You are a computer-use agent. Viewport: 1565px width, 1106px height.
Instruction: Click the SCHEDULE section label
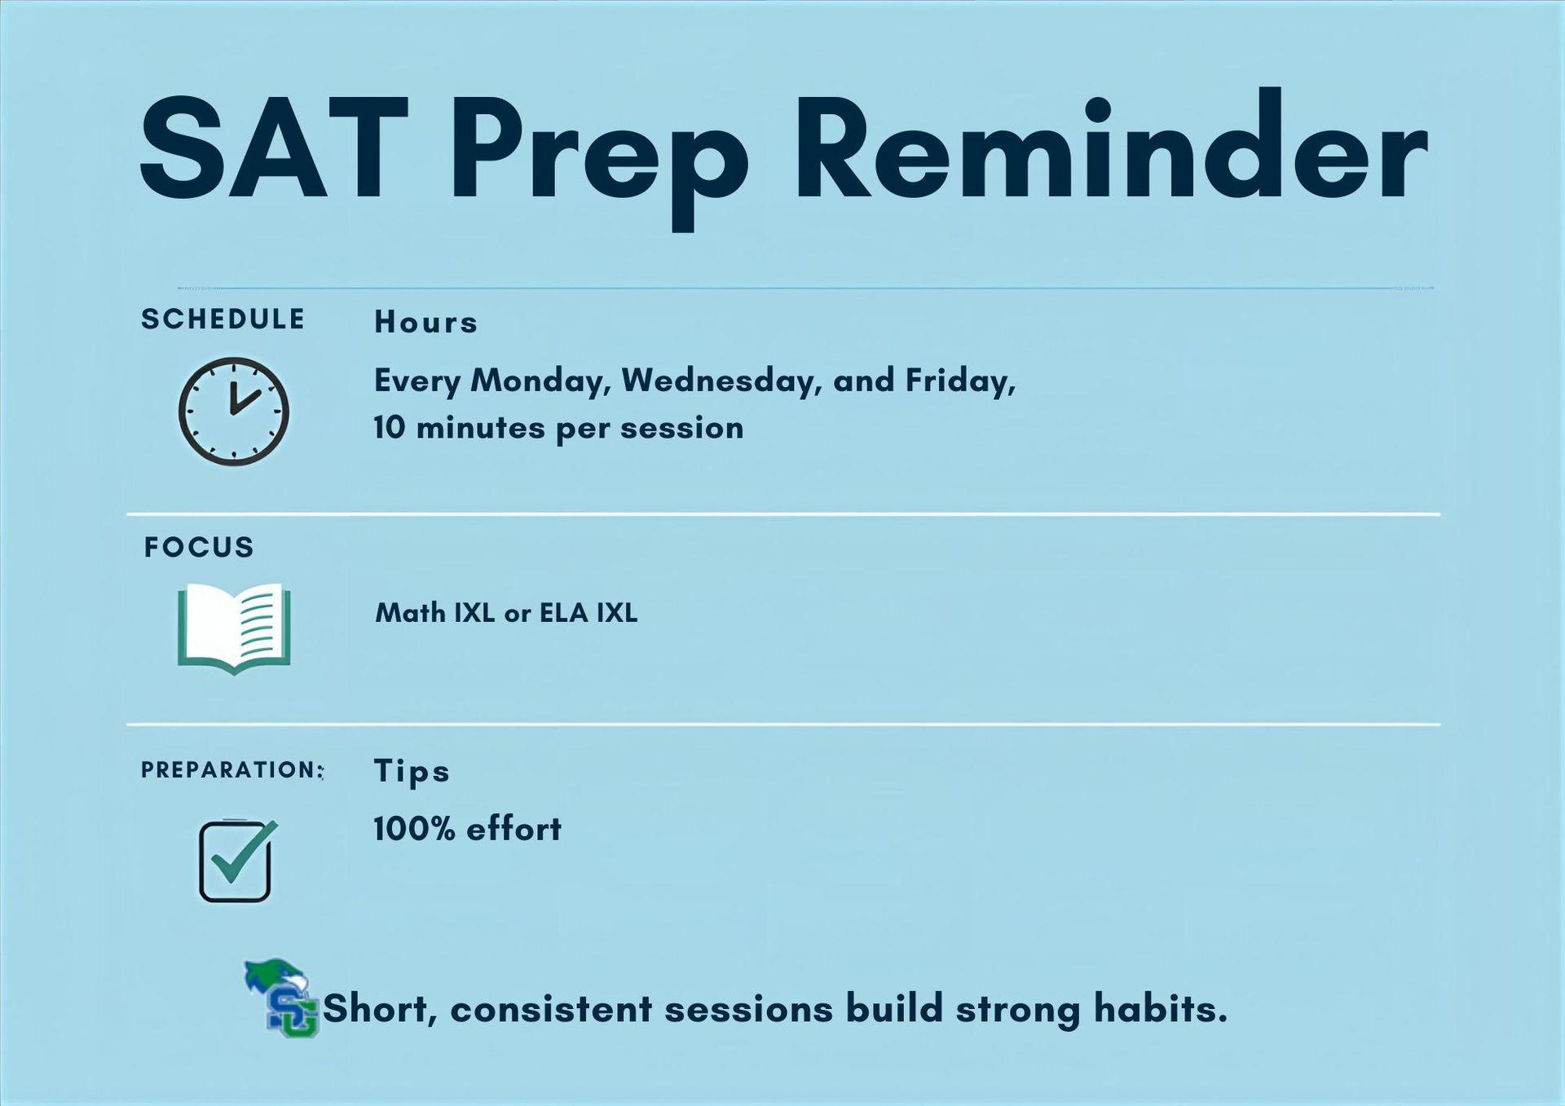pyautogui.click(x=223, y=319)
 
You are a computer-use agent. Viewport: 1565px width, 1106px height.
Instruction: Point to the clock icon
pyautogui.click(x=234, y=412)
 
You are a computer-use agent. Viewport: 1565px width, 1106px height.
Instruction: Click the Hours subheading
pyautogui.click(x=425, y=323)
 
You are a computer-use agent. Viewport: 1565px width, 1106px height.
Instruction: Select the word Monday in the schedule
pyautogui.click(x=540, y=381)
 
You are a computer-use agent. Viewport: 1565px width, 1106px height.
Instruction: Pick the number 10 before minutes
pyautogui.click(x=390, y=428)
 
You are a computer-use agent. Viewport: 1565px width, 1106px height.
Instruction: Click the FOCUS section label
pyautogui.click(x=199, y=547)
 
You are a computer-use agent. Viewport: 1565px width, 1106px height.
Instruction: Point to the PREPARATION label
pyautogui.click(x=231, y=769)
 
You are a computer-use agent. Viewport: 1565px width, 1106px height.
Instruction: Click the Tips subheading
pyautogui.click(x=412, y=771)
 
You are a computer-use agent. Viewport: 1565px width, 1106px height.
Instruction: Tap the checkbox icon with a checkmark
pyautogui.click(x=236, y=861)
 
